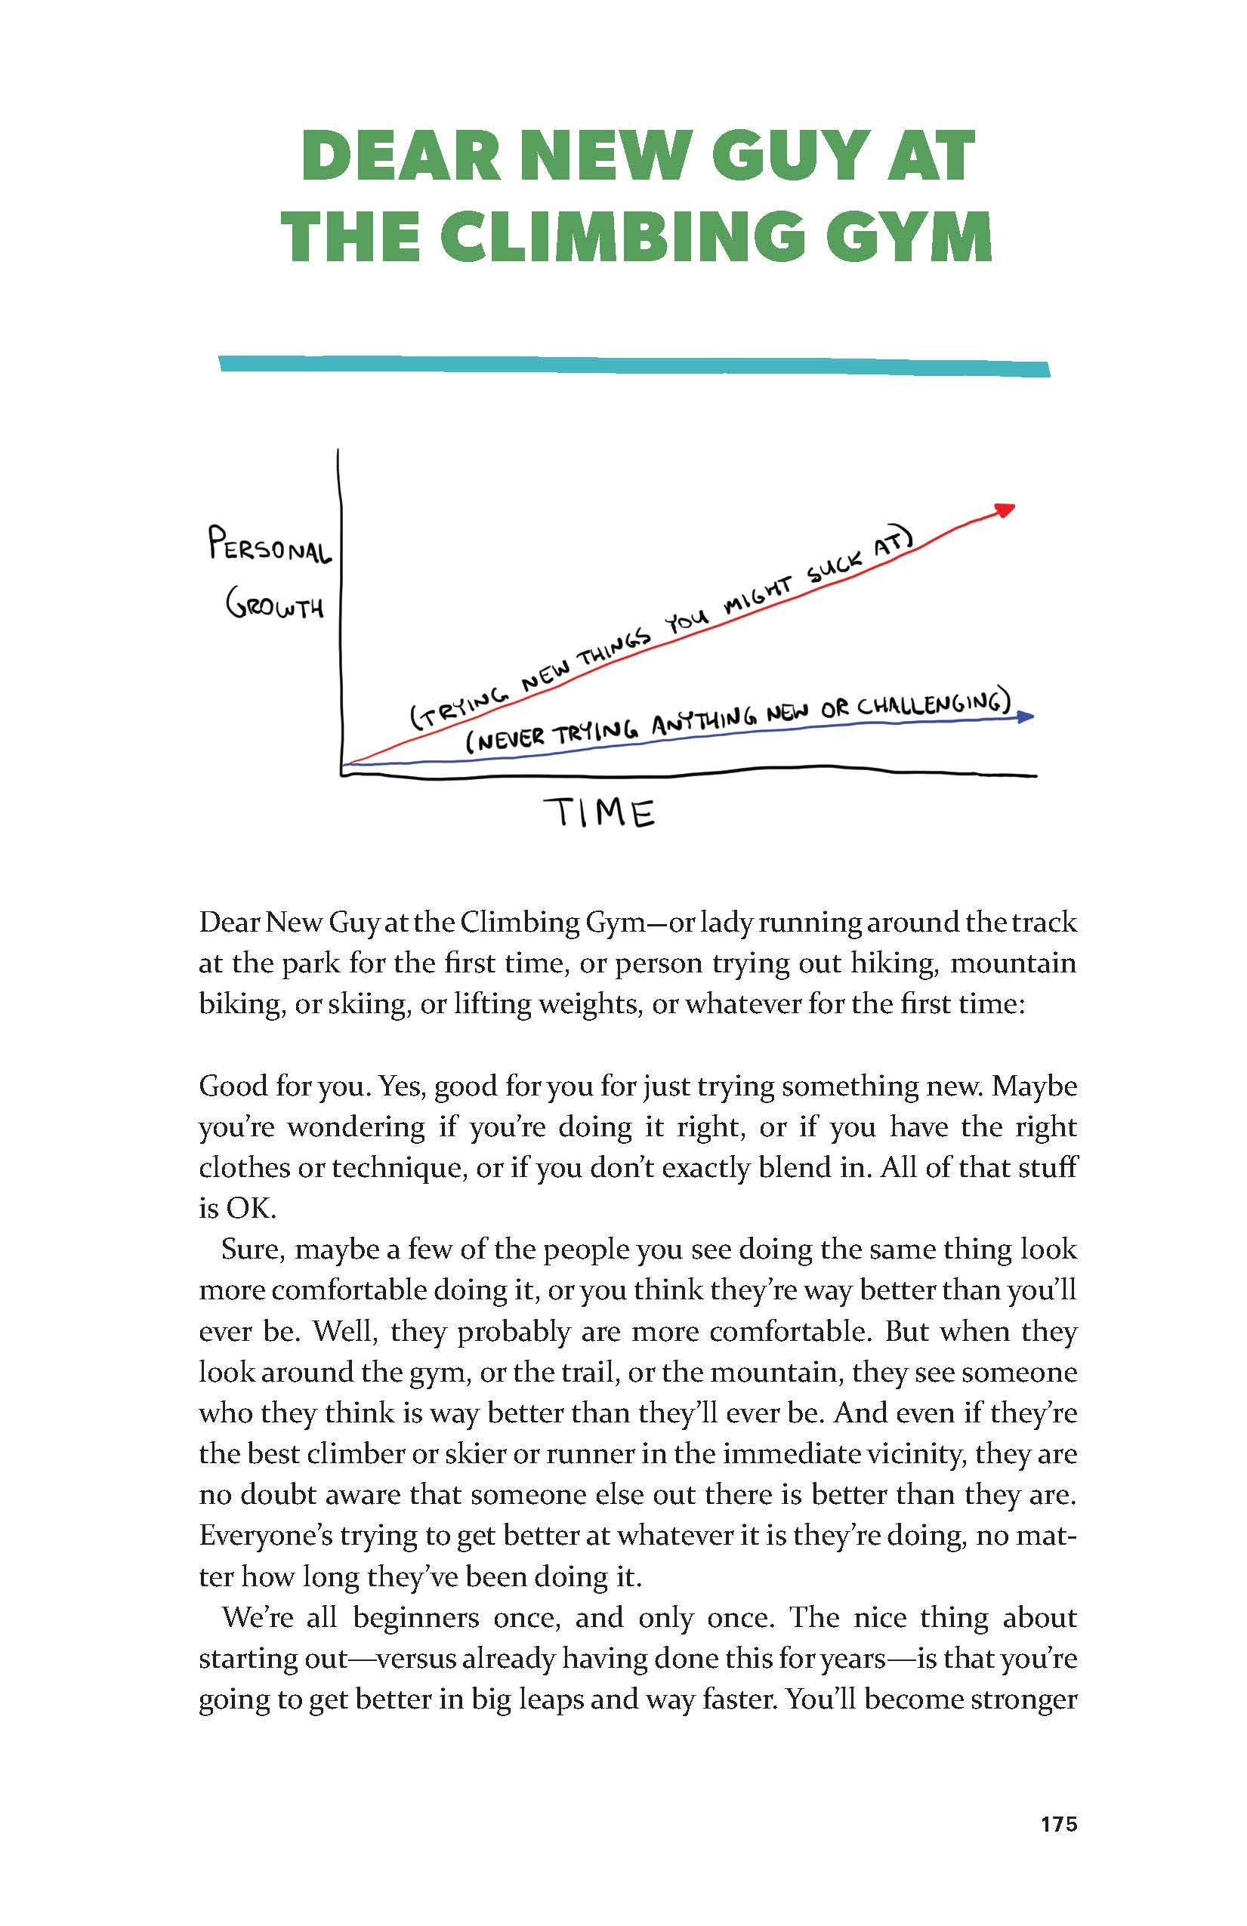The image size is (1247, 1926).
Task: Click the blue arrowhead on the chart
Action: pyautogui.click(x=1026, y=716)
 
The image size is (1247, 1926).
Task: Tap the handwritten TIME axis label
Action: pyautogui.click(x=599, y=812)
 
